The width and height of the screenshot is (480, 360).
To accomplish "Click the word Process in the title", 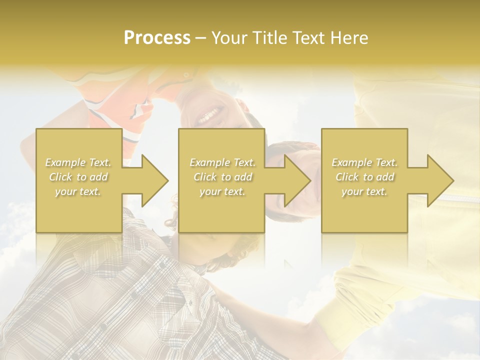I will click(x=157, y=38).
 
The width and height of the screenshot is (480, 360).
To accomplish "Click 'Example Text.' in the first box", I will click(x=78, y=162).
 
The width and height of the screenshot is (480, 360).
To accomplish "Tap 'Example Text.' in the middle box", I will click(x=222, y=162).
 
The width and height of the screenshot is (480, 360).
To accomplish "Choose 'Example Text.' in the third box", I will click(x=364, y=162).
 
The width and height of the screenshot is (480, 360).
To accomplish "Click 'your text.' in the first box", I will click(x=78, y=191).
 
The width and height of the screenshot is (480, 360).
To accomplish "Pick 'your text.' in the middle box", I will click(x=222, y=191).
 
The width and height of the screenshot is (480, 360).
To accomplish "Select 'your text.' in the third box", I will click(x=364, y=191).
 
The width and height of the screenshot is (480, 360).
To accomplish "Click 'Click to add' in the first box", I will click(x=78, y=177).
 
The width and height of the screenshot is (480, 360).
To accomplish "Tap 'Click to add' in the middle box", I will click(x=222, y=177).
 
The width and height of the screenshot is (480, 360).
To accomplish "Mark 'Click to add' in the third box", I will click(x=364, y=177).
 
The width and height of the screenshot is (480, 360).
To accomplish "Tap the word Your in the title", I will click(x=229, y=38).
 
